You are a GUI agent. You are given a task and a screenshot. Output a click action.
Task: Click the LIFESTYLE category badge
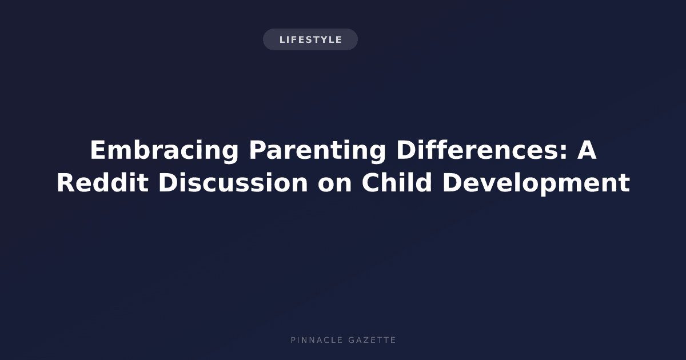310,39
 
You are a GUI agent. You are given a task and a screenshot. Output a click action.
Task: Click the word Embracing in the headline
164,150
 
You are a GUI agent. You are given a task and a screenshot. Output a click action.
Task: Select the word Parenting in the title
318,150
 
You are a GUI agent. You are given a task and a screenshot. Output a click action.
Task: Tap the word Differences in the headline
478,150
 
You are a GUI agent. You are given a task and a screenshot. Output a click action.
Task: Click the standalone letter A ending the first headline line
587,150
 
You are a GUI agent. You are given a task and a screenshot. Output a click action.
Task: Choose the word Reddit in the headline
102,183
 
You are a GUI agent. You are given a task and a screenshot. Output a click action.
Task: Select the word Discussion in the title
233,183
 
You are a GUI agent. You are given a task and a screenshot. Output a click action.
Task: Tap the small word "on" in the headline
334,186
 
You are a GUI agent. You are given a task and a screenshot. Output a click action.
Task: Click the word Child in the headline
397,183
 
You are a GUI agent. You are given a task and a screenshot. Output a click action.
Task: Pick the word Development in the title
536,183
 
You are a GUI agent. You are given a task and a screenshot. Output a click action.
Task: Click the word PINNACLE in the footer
317,340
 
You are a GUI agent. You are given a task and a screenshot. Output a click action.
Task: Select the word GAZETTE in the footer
372,340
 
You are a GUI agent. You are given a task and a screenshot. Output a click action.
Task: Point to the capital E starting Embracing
98,150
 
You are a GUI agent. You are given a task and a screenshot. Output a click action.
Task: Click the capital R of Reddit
66,183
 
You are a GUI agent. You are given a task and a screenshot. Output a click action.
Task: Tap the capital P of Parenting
258,150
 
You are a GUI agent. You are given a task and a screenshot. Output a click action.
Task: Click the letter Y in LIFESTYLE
322,40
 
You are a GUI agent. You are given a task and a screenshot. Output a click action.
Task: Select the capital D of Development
452,183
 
